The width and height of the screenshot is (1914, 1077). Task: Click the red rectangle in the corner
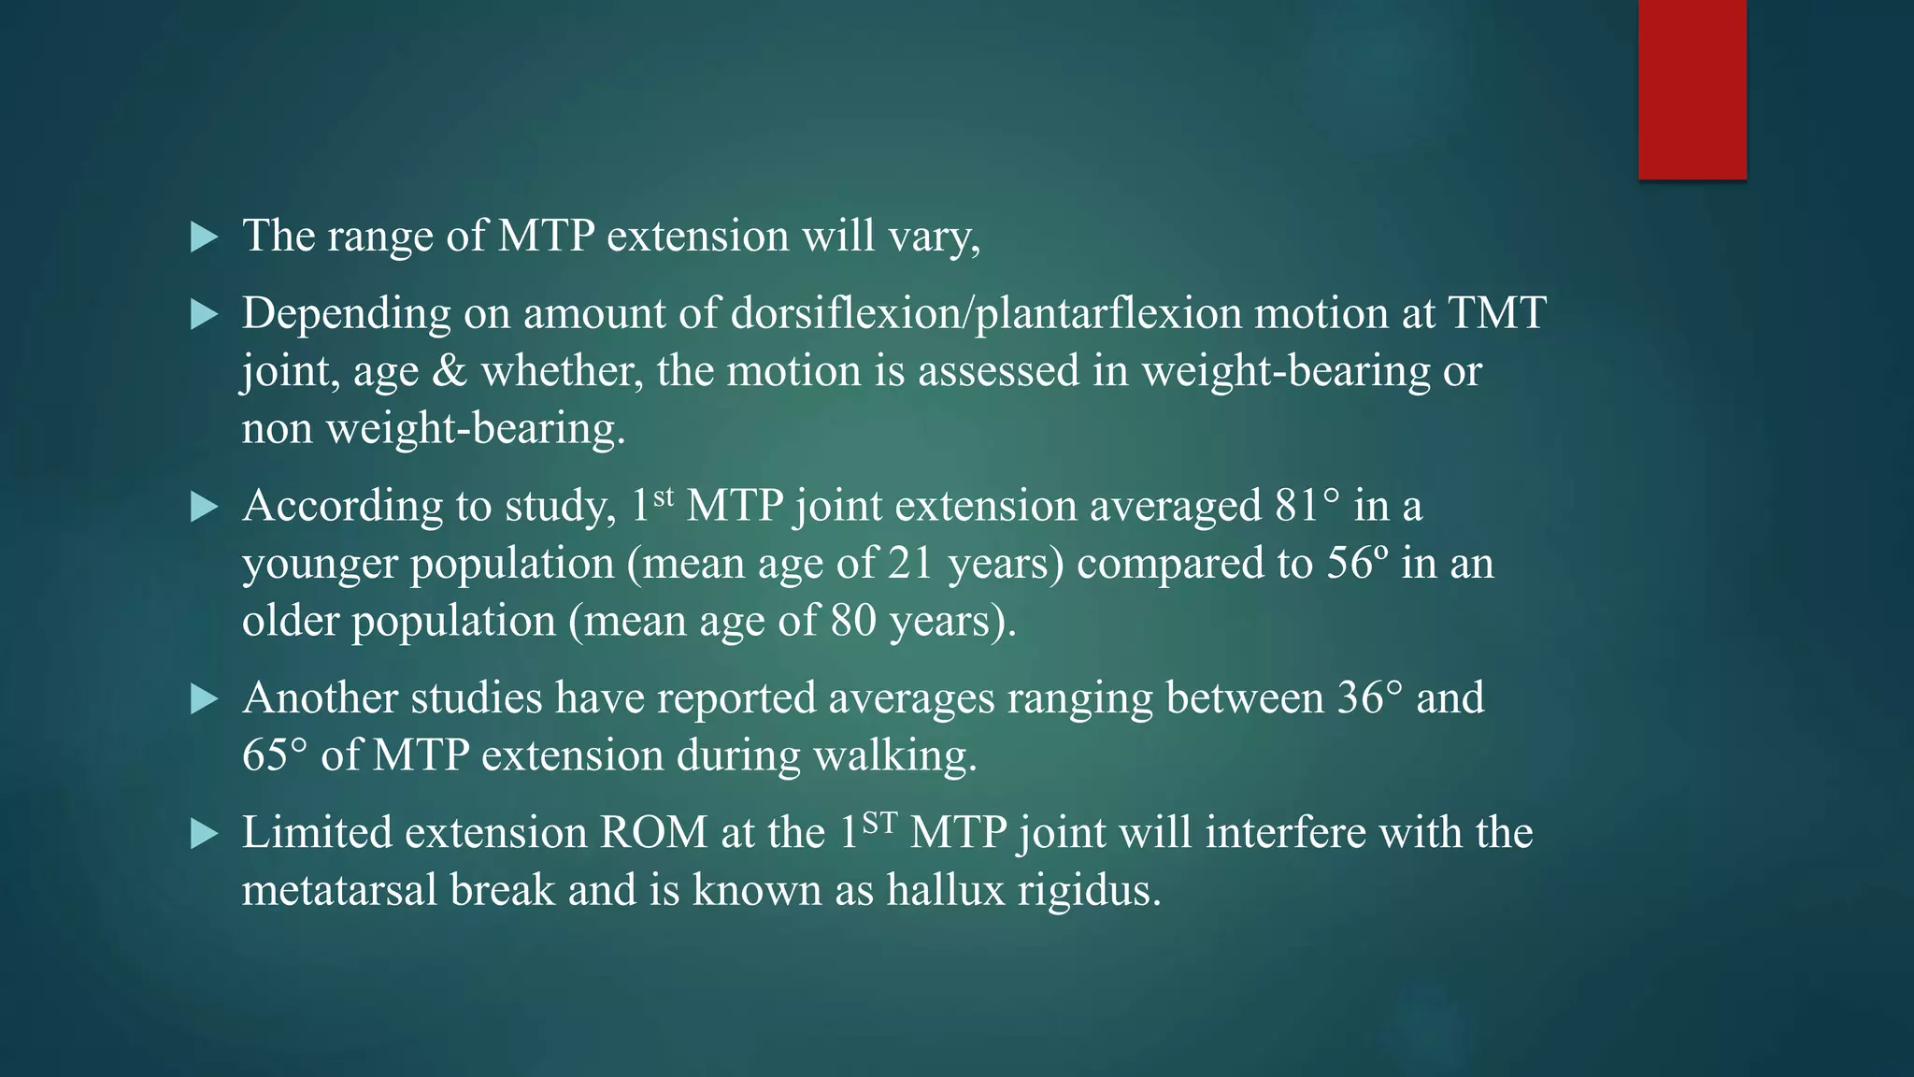(x=1692, y=89)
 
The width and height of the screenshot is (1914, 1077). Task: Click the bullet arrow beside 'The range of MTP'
(x=203, y=237)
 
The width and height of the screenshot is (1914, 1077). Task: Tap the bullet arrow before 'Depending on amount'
(x=203, y=315)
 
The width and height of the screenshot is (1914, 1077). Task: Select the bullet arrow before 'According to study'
(x=203, y=508)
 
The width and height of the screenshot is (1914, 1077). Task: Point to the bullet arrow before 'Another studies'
(x=203, y=699)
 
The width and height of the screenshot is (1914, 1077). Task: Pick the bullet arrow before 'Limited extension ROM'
(x=203, y=834)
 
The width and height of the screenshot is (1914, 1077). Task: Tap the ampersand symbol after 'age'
(x=450, y=371)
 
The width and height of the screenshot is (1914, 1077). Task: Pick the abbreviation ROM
(x=653, y=833)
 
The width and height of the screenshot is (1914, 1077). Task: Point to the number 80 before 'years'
(x=852, y=621)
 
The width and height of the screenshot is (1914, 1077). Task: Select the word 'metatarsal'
(x=340, y=890)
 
